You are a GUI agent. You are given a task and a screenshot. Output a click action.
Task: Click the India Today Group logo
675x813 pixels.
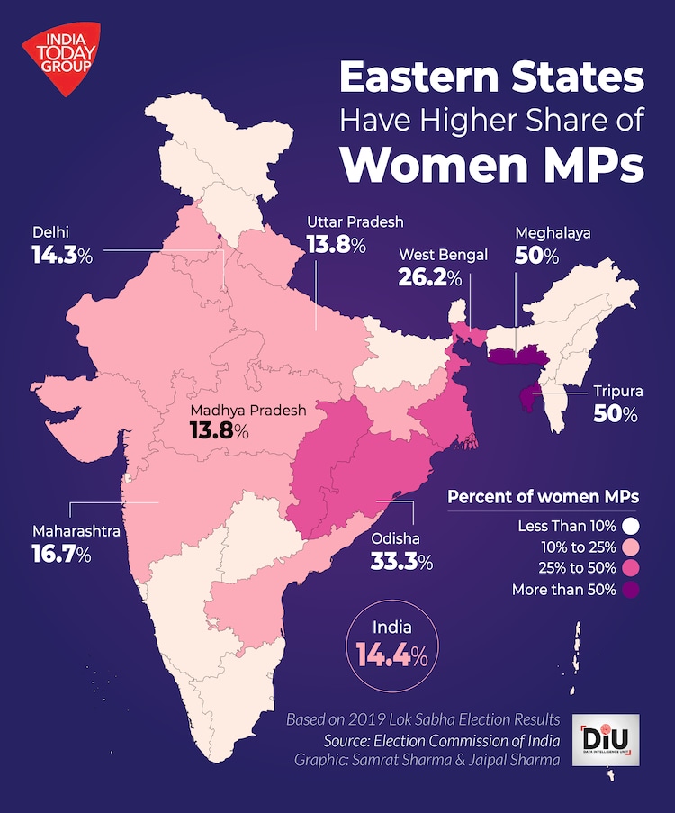click(x=59, y=59)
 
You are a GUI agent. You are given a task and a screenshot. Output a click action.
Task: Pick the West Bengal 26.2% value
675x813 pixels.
click(x=430, y=278)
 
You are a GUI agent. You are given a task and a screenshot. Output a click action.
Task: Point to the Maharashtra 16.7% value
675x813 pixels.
click(x=62, y=555)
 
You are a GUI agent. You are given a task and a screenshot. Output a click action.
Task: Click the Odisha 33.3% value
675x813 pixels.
click(x=401, y=563)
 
